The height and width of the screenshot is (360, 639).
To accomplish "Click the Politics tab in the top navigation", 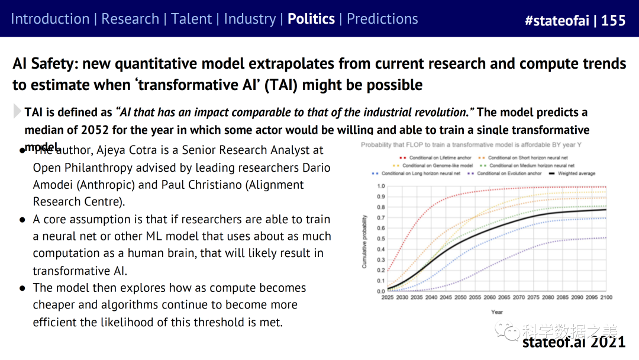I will pos(311,19).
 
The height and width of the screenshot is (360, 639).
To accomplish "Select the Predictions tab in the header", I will pos(382,19).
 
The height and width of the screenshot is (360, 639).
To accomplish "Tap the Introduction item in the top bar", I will pos(50,19).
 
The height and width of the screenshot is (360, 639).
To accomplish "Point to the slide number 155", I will pos(614,20).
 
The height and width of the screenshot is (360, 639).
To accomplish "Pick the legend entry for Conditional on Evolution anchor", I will pos(506,173).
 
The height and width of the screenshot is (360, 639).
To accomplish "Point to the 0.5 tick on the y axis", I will pos(381,239).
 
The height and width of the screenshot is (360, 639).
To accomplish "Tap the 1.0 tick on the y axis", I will pos(381,186).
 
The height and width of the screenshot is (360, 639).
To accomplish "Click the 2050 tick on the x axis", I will pos(460,297).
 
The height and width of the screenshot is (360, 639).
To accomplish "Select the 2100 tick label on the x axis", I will pos(606,297).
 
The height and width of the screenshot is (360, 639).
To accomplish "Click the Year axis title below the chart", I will pos(497,312).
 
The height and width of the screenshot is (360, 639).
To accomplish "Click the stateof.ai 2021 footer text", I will pos(573,342).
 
